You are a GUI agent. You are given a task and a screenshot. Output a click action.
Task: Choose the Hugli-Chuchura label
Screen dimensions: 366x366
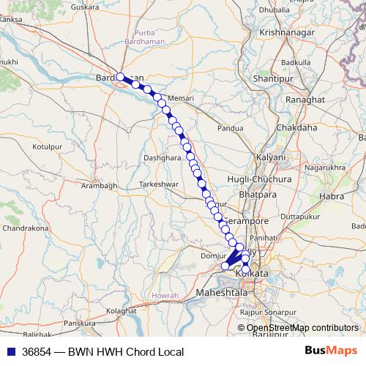[269, 179]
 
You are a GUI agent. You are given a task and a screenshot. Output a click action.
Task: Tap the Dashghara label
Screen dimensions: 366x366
[162, 157]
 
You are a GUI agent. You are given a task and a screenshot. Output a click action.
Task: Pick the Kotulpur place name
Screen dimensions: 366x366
[46, 147]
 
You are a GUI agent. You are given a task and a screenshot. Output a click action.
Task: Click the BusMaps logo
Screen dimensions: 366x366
[332, 351]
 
